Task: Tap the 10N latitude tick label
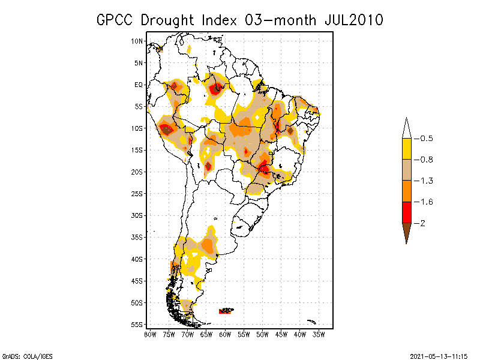coord(137,41)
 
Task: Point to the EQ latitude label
coord(139,85)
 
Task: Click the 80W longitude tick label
coord(150,334)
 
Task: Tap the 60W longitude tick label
coord(225,334)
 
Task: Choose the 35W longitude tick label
coord(319,334)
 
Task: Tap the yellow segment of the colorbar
coord(406,149)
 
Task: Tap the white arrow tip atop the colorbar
coord(406,128)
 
